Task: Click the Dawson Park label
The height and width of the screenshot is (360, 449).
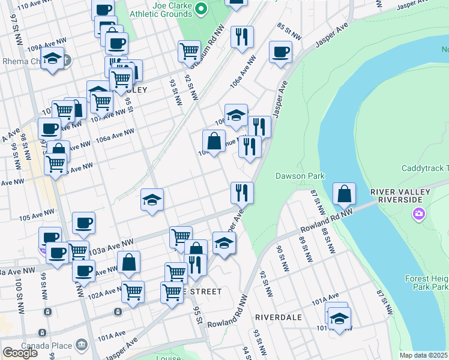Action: (x=300, y=176)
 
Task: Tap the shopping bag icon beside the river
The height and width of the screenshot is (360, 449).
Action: (x=344, y=194)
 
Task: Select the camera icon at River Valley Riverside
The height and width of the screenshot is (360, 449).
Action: (x=419, y=214)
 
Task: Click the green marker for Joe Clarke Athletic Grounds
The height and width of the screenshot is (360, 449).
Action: (x=202, y=8)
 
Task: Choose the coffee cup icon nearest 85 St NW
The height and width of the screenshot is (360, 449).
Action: (x=280, y=52)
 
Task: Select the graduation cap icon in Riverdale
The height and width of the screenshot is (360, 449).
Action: (x=339, y=318)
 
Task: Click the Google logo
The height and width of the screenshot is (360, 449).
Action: (x=20, y=353)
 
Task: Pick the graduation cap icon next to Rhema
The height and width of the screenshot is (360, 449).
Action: (x=53, y=59)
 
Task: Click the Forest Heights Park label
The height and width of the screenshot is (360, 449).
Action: (x=430, y=283)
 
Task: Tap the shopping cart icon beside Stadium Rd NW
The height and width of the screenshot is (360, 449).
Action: (x=189, y=52)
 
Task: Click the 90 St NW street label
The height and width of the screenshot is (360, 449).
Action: (x=280, y=257)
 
